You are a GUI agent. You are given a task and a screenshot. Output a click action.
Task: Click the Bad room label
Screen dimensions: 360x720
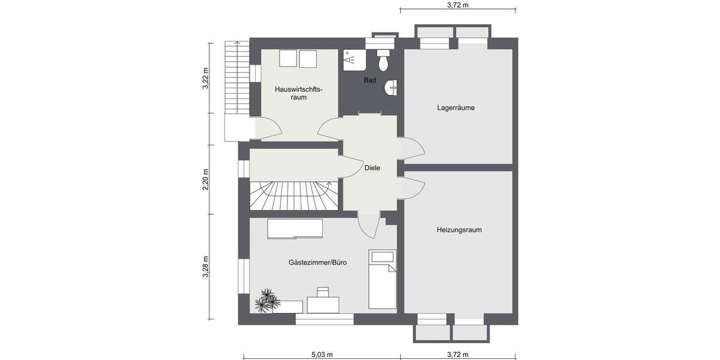click(x=370, y=80)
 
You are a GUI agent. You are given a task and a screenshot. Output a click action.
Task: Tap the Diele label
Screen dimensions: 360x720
click(x=373, y=169)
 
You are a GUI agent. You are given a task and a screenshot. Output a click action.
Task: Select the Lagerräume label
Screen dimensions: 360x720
click(x=456, y=109)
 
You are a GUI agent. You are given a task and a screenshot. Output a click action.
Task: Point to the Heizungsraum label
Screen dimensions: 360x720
click(x=459, y=230)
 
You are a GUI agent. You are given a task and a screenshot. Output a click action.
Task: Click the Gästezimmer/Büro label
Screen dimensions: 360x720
click(x=317, y=263)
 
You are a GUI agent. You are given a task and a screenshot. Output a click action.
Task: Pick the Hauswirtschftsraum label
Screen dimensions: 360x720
click(x=299, y=93)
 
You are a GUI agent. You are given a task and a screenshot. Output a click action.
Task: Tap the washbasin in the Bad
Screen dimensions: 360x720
click(x=391, y=88)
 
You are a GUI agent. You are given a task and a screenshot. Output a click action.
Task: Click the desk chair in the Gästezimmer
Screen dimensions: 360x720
click(x=323, y=293)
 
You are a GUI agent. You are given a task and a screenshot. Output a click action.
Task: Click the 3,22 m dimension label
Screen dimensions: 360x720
click(x=205, y=78)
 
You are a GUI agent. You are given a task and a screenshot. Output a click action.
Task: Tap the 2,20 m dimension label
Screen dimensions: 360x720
click(x=205, y=179)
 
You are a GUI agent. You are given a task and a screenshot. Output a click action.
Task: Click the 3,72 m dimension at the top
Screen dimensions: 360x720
click(x=458, y=5)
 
